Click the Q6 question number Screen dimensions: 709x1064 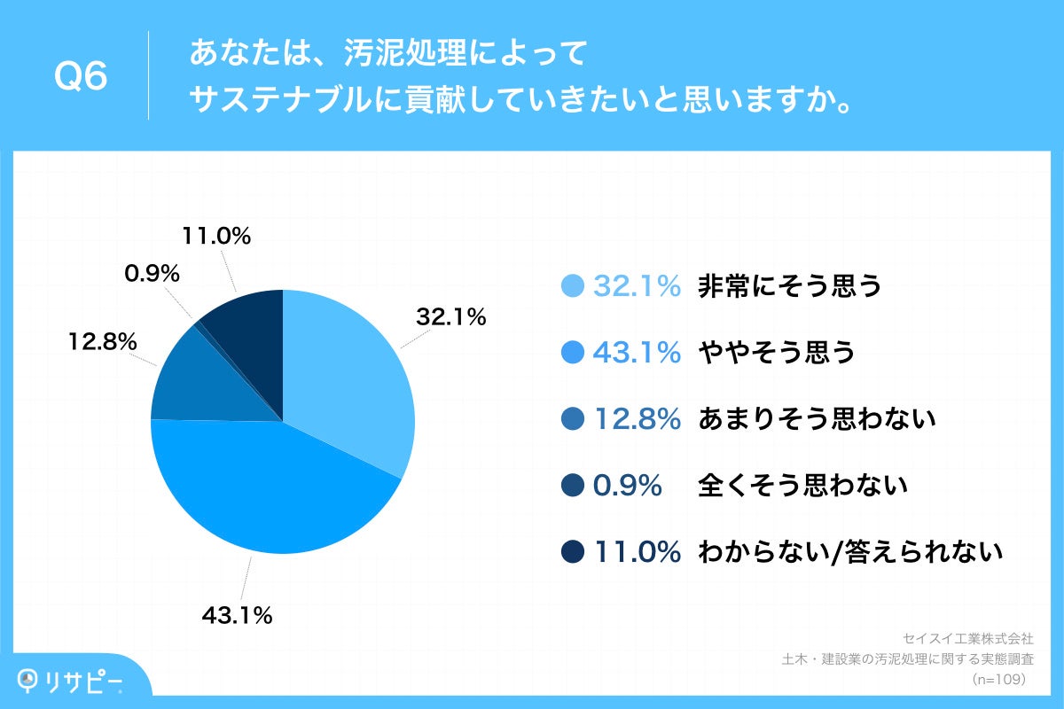click(81, 77)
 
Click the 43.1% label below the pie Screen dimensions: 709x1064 click(237, 614)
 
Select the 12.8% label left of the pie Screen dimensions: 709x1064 click(102, 340)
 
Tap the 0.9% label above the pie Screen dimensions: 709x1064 click(152, 274)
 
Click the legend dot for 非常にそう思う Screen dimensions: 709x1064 click(573, 286)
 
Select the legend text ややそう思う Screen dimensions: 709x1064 click(777, 353)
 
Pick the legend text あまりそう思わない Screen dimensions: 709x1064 click(817, 419)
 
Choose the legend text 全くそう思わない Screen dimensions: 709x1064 click(802, 486)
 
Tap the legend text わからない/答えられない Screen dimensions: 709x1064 click(850, 552)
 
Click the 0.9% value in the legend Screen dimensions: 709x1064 click(628, 486)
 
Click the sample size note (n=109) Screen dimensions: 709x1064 click(998, 679)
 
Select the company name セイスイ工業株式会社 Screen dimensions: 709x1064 click(967, 637)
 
